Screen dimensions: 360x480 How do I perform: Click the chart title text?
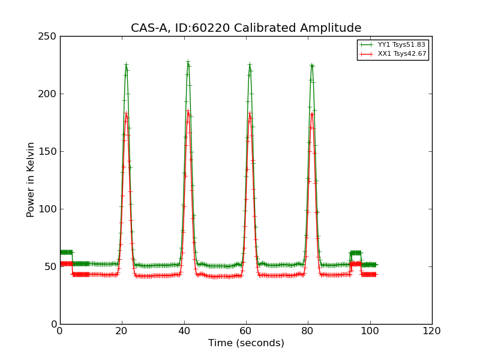pos(246,28)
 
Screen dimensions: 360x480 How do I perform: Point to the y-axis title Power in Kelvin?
pos(31,179)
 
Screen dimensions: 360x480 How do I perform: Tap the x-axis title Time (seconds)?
pos(246,343)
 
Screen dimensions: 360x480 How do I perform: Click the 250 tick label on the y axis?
pos(49,36)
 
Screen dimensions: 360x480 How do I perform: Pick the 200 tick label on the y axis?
pos(49,94)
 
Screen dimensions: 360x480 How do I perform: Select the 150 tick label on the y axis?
pos(49,151)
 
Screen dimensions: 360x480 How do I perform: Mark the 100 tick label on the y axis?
pos(49,209)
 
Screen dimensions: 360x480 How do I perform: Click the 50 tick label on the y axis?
pos(52,266)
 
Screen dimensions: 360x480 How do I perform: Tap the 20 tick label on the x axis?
pos(122,331)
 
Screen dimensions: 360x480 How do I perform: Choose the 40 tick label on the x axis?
pos(184,331)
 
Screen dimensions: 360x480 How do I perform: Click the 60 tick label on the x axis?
pos(246,331)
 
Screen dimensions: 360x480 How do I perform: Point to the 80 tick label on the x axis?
pos(308,331)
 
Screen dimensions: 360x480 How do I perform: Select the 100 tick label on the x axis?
pos(370,331)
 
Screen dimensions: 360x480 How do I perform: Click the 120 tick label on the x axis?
pos(432,331)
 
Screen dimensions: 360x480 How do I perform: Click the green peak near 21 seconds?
pos(126,64)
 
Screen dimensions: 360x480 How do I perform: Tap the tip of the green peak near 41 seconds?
pos(188,61)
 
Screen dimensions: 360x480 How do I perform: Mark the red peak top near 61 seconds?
pos(250,113)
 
